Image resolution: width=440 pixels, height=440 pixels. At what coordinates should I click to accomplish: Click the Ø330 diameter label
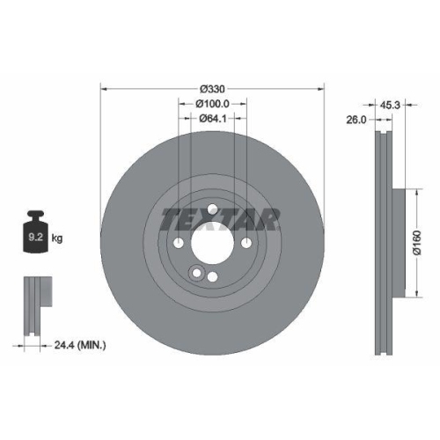point(212,89)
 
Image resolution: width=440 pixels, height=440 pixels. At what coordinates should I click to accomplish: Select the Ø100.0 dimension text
point(212,104)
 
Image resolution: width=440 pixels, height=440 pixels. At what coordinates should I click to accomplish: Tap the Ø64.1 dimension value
point(212,118)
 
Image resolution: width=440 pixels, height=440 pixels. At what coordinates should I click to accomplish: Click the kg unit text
point(58,238)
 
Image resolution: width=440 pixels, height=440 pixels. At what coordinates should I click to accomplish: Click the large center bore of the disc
point(212,244)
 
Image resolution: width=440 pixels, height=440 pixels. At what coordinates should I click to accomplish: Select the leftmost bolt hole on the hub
point(179,244)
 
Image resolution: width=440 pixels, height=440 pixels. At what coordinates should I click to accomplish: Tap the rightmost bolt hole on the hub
point(246,244)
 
